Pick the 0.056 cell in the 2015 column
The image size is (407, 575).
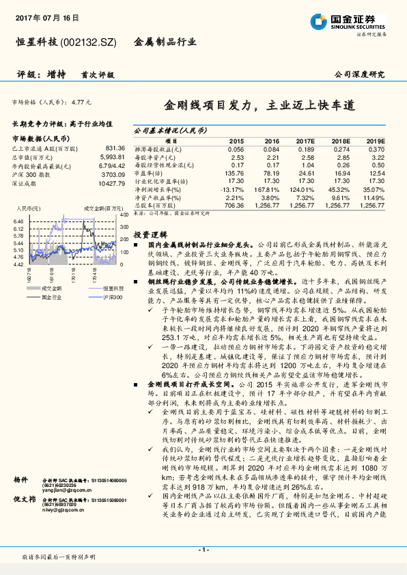point(234,149)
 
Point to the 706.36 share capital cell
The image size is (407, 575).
point(234,205)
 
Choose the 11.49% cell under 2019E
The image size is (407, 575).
point(374,197)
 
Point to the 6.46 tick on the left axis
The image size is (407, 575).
point(18,222)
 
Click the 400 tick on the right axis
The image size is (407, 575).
point(124,215)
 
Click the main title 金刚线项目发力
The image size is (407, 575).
point(210,106)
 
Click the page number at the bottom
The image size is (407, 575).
point(203,549)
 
